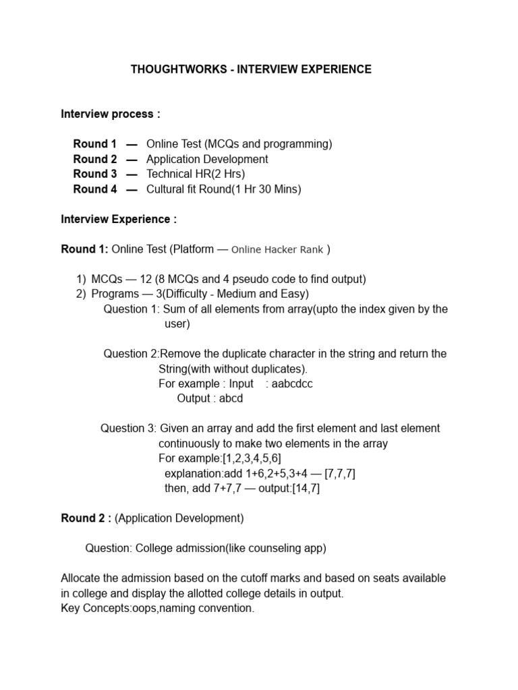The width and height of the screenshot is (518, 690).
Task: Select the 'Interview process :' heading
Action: point(111,114)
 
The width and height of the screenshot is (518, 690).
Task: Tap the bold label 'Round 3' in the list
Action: point(95,174)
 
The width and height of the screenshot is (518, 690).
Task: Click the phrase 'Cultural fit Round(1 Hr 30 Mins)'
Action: point(224,189)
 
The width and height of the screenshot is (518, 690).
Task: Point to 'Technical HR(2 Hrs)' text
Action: point(196,174)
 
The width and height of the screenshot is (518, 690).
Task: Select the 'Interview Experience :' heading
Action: point(119,219)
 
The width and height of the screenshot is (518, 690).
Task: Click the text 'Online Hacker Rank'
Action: point(277,250)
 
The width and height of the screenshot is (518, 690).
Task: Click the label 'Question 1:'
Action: point(132,309)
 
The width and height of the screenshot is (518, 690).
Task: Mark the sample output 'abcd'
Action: point(231,398)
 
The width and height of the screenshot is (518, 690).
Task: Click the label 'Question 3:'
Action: point(129,429)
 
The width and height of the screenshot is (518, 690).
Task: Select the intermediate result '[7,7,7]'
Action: point(339,474)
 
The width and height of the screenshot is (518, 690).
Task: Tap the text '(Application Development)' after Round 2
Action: point(179,518)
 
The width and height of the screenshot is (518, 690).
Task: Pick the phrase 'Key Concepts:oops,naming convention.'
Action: point(158,608)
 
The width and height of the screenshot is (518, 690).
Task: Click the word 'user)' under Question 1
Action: point(177,324)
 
